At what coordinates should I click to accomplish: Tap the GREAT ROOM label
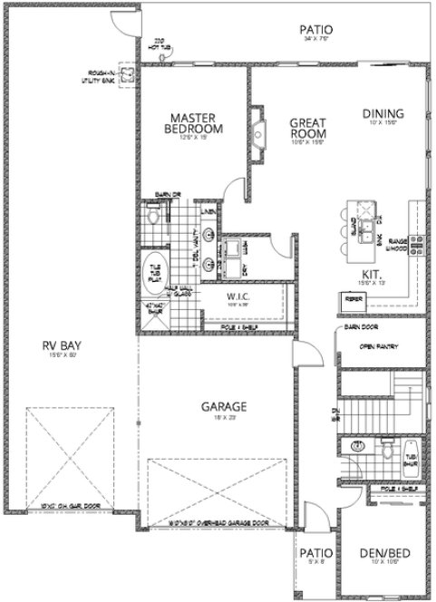pos(308,128)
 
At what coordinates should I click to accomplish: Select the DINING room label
pos(383,114)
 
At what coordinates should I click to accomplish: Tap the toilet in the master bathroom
pos(153,218)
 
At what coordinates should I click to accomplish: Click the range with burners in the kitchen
pos(418,242)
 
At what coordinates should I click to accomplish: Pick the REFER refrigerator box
pos(351,296)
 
